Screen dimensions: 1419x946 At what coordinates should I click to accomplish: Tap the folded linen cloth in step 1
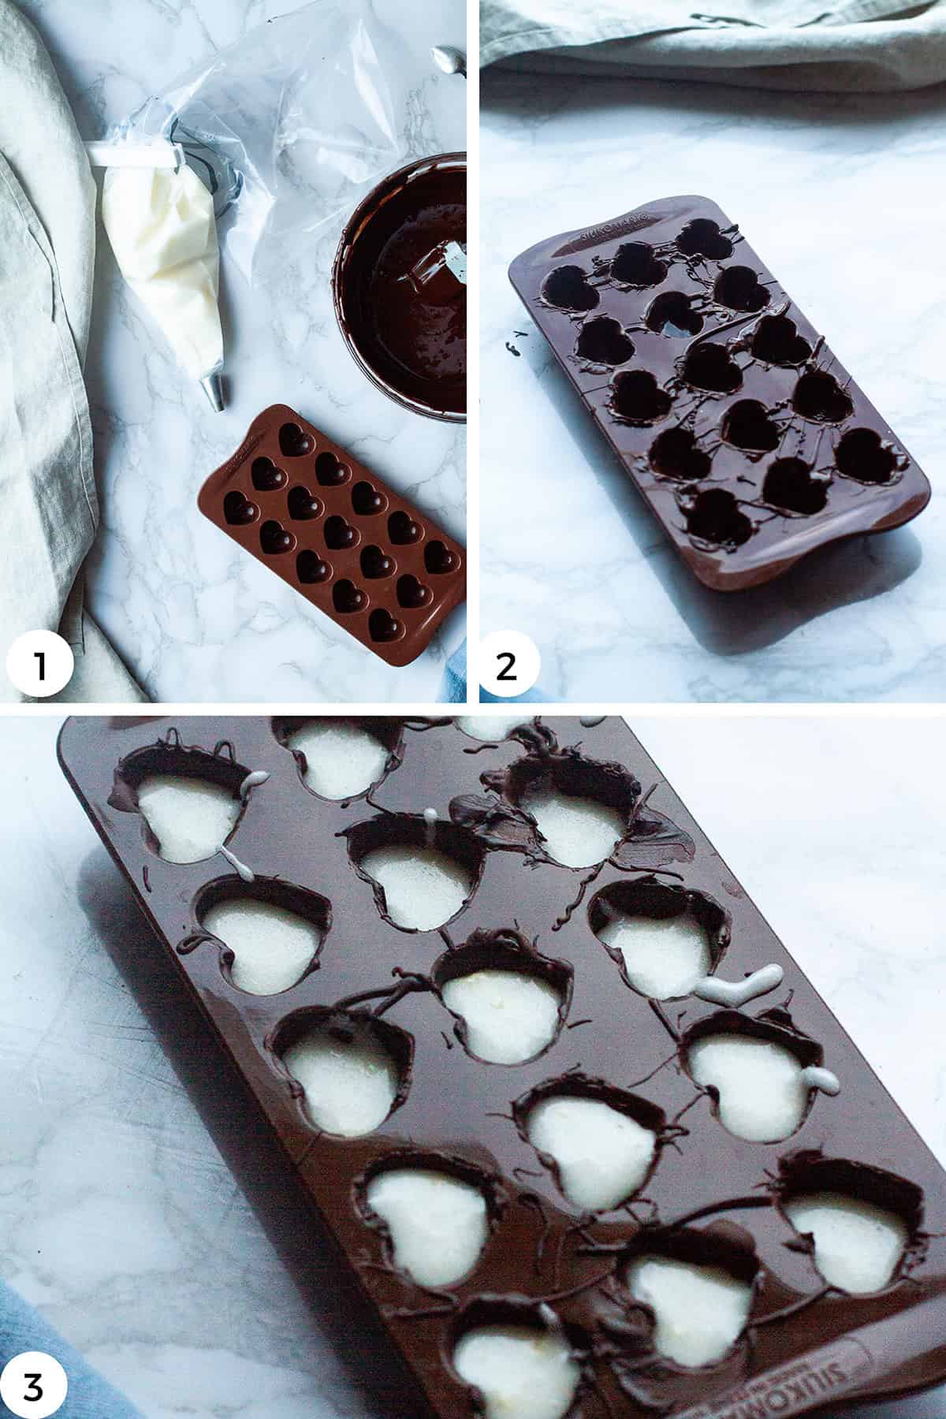coord(47,355)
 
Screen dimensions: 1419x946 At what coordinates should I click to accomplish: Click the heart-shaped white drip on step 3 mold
coord(737,984)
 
